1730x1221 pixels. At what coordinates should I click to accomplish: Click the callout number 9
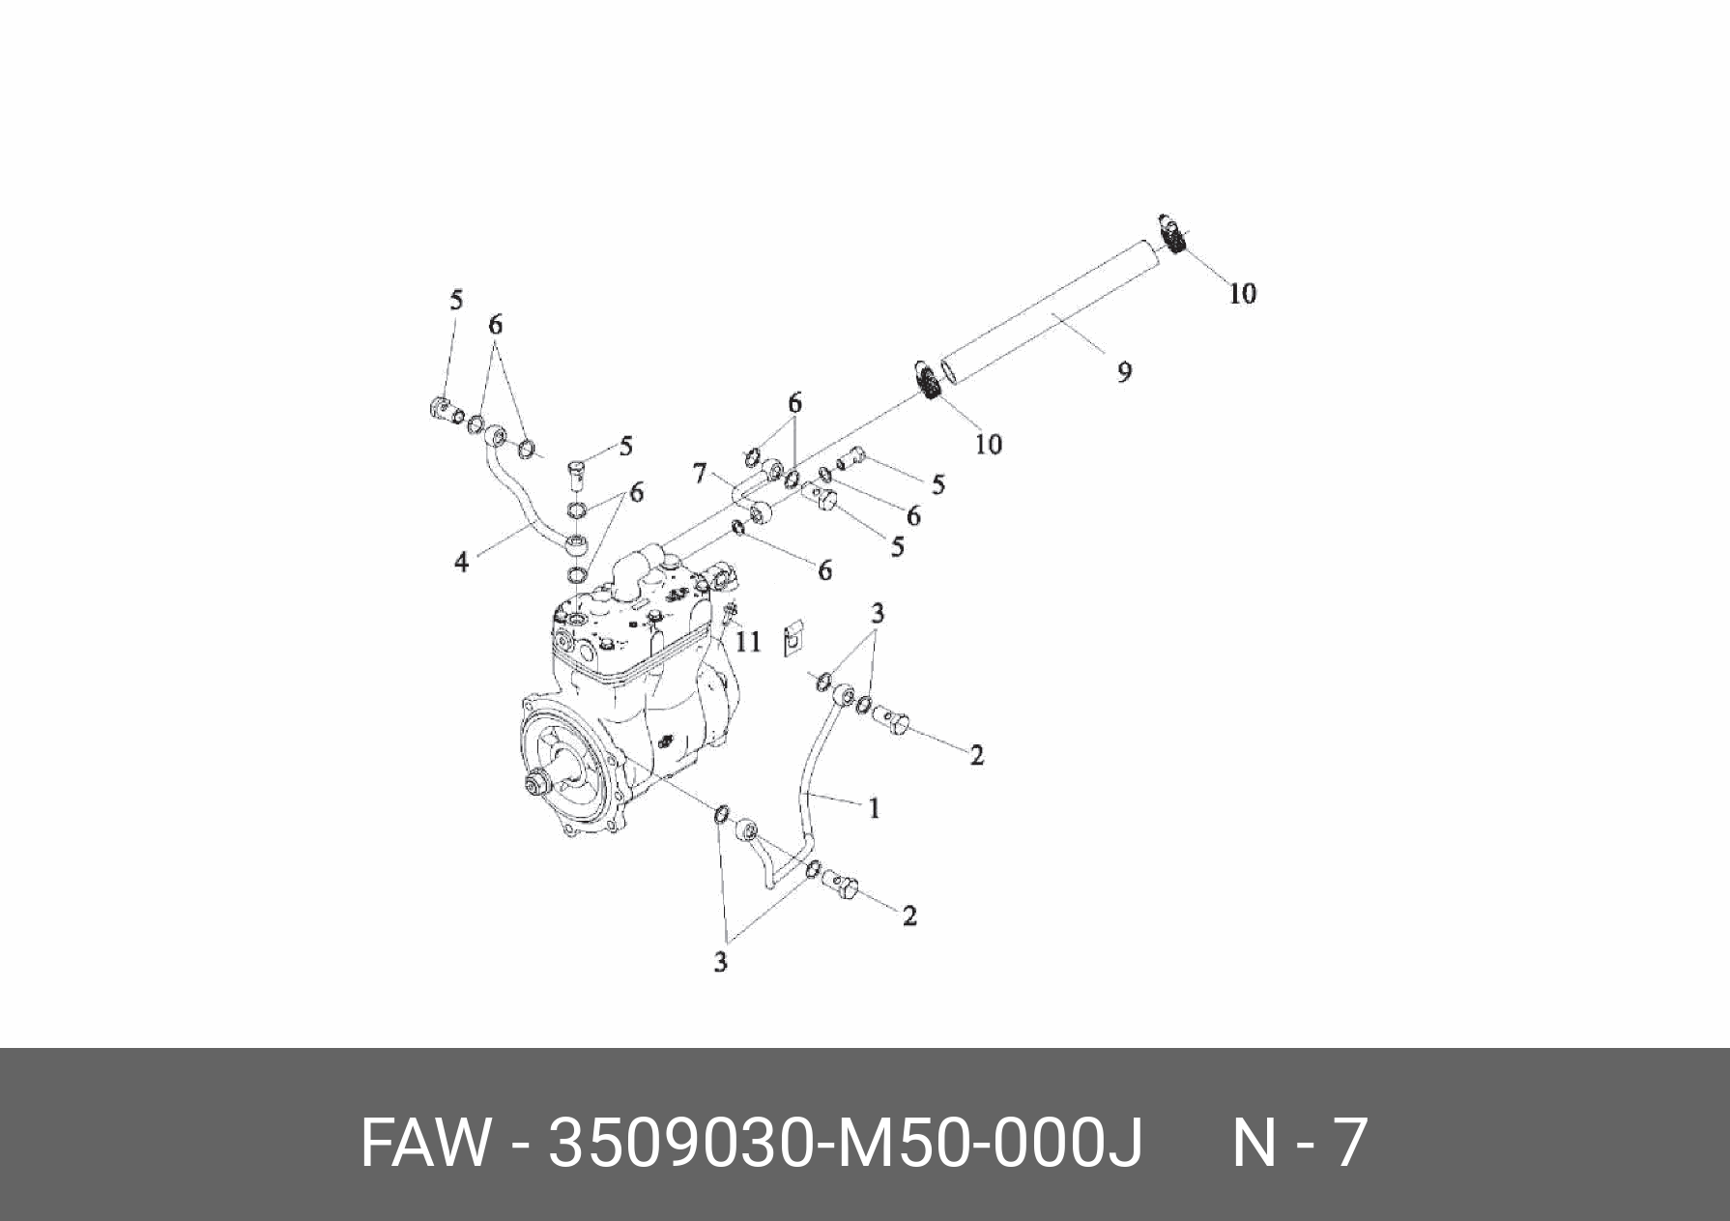click(1124, 371)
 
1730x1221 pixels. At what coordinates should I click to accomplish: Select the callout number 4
click(462, 561)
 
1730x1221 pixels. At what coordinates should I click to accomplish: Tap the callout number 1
click(874, 807)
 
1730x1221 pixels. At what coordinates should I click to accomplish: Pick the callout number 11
click(748, 641)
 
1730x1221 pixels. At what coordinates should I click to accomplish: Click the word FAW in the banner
click(424, 1144)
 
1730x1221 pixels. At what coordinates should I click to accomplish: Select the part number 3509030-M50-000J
click(846, 1144)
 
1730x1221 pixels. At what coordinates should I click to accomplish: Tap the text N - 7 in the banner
click(1299, 1144)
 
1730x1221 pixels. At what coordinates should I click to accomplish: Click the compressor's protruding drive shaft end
click(533, 781)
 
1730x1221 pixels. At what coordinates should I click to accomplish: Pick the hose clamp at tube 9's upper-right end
click(1172, 234)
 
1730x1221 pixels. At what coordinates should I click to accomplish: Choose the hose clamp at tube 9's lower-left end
click(926, 380)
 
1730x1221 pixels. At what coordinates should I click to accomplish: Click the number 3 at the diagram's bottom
click(720, 962)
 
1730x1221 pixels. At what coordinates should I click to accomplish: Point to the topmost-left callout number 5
click(456, 300)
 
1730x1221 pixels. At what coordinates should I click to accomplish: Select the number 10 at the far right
click(1242, 293)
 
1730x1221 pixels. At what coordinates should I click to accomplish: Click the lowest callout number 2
click(908, 915)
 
